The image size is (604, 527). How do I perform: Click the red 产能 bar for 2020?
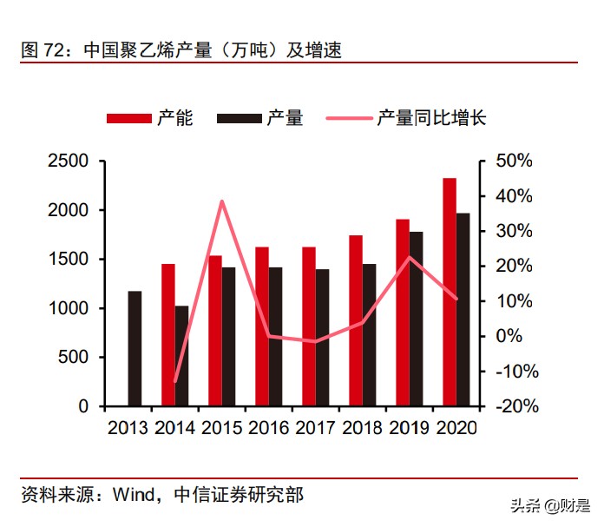pos(450,292)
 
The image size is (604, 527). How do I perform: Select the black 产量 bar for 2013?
pos(135,348)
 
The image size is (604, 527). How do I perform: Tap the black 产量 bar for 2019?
pos(416,319)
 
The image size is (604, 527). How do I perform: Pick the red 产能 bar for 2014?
pos(167,334)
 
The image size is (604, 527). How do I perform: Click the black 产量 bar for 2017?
pos(322,338)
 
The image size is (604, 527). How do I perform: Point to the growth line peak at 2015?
pos(221,201)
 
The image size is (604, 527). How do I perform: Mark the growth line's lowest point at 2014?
pos(175,381)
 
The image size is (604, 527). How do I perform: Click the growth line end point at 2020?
pos(456,299)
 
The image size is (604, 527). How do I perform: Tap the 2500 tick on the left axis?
pos(68,161)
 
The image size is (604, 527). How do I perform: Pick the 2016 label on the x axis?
pos(268,428)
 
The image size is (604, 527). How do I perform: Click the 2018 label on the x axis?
pos(363,428)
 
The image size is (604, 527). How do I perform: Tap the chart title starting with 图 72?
pos(181,50)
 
